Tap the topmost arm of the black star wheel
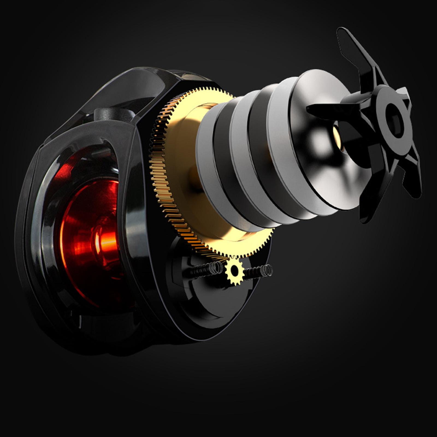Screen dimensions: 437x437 point(355,49)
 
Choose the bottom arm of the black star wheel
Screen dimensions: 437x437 point(371,202)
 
